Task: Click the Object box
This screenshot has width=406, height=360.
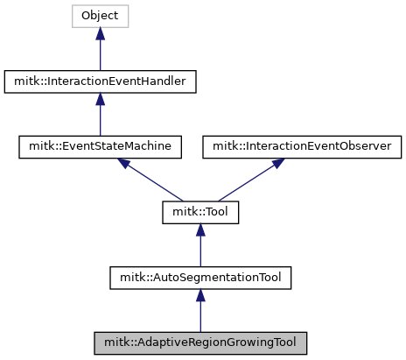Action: pyautogui.click(x=100, y=16)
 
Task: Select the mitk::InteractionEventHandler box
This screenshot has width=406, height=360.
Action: pyautogui.click(x=100, y=81)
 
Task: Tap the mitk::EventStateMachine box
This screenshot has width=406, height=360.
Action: pyautogui.click(x=100, y=147)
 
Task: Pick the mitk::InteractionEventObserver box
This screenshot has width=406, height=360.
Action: pyautogui.click(x=302, y=147)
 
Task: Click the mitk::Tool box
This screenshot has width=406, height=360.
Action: pyautogui.click(x=200, y=212)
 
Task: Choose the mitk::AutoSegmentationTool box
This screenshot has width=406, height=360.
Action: pyautogui.click(x=200, y=278)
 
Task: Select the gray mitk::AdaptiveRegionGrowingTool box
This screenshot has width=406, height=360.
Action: pyautogui.click(x=200, y=343)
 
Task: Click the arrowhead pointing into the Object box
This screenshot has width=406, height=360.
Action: pyautogui.click(x=100, y=33)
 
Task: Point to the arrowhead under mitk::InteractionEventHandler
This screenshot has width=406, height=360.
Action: pyautogui.click(x=100, y=99)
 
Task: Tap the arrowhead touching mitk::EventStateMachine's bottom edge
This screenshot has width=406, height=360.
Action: pyautogui.click(x=124, y=163)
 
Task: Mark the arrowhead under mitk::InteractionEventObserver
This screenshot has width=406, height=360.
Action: pyautogui.click(x=278, y=163)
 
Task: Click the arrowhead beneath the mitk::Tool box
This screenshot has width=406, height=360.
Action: pyautogui.click(x=200, y=229)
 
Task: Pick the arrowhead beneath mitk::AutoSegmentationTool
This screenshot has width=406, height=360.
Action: pyautogui.click(x=200, y=295)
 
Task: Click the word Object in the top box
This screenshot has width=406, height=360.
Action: pyautogui.click(x=100, y=16)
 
